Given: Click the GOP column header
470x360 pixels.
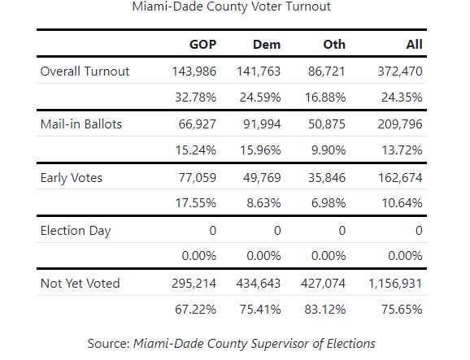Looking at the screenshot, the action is click(202, 45).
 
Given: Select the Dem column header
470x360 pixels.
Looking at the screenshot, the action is click(267, 45).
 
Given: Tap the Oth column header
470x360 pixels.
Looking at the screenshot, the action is click(334, 45).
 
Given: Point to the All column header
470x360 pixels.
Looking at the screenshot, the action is click(414, 45).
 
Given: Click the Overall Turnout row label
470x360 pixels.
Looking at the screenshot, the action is click(85, 72).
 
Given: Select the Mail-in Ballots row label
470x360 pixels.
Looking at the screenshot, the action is click(81, 124).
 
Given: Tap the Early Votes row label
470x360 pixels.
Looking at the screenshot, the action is click(72, 178).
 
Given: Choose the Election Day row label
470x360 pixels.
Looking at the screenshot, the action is click(76, 231).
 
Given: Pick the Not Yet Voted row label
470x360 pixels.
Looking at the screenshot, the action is click(80, 284).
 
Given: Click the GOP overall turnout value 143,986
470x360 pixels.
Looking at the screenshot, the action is click(194, 72).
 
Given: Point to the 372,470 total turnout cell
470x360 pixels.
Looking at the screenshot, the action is click(400, 72).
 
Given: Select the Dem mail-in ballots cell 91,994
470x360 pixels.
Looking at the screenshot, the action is click(262, 124).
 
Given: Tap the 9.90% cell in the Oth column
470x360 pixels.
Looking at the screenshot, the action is click(329, 150).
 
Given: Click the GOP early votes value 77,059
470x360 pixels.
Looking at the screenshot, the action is click(198, 178).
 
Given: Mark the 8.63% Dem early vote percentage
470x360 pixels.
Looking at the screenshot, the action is click(263, 203).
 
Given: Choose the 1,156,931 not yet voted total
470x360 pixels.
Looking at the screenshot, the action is click(395, 284).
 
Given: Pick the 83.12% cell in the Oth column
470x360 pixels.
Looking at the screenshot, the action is click(325, 310).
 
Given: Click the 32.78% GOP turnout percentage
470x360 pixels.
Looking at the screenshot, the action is click(195, 98).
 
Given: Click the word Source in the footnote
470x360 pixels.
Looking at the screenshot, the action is click(108, 344).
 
